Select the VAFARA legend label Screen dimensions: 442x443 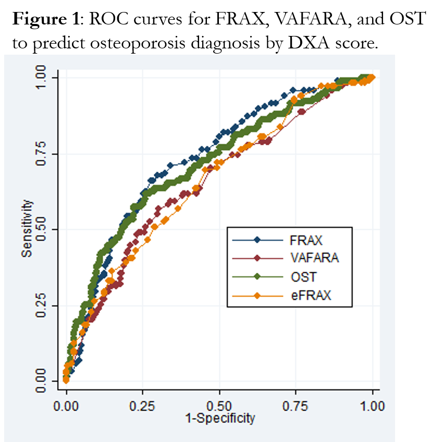click(x=314, y=258)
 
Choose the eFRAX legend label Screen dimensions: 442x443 click(x=310, y=295)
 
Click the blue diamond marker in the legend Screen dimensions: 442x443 click(x=257, y=240)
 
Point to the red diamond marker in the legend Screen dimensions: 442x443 click(x=257, y=258)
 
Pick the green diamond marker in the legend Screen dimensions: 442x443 click(x=257, y=276)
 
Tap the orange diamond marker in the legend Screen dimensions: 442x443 click(x=257, y=295)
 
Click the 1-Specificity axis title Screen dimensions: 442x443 click(x=220, y=418)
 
